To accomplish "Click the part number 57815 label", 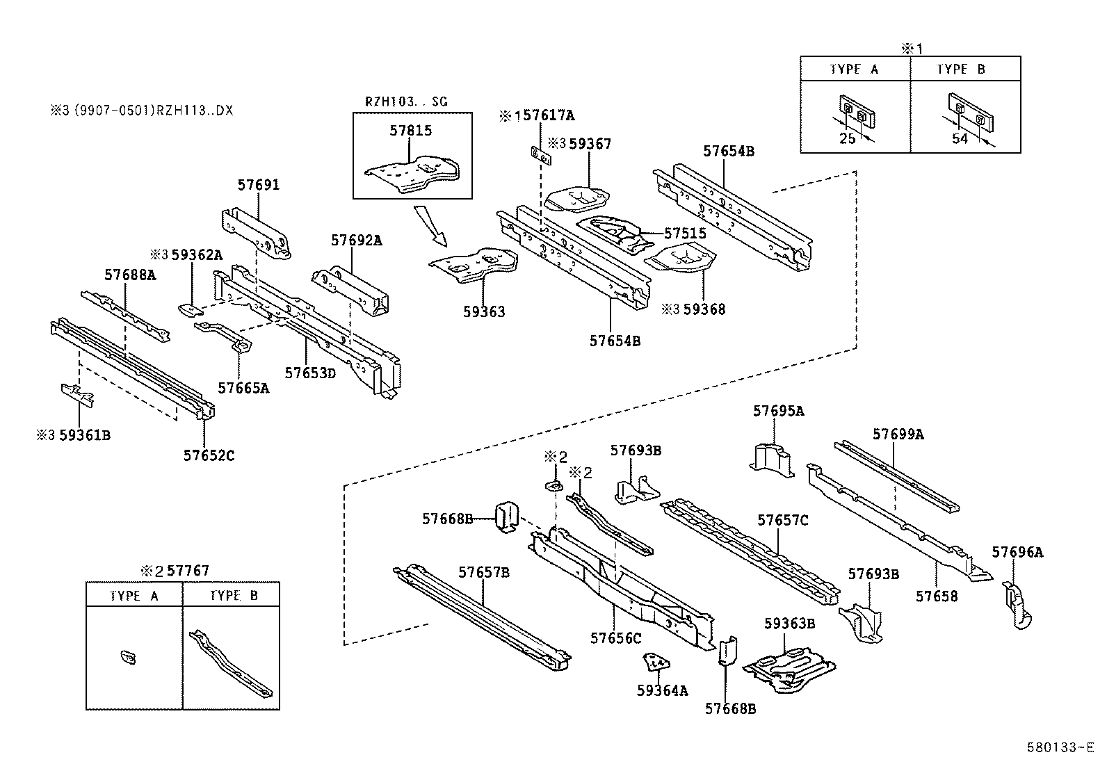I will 410,131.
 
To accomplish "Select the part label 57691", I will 259,185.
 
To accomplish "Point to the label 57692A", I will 356,241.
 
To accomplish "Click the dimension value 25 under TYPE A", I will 847,138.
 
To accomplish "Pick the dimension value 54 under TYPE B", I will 960,138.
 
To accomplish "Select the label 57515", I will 685,234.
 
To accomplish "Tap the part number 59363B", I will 789,624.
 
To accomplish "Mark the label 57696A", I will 1017,553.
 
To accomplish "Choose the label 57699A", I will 898,434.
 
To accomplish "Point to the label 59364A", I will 662,690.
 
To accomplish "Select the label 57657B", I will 484,572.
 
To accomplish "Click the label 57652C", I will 209,455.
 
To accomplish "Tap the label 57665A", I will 243,388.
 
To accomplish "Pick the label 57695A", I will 778,411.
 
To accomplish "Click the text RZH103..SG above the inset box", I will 407,101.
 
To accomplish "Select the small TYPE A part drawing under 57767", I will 129,656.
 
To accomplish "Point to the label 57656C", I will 615,637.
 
